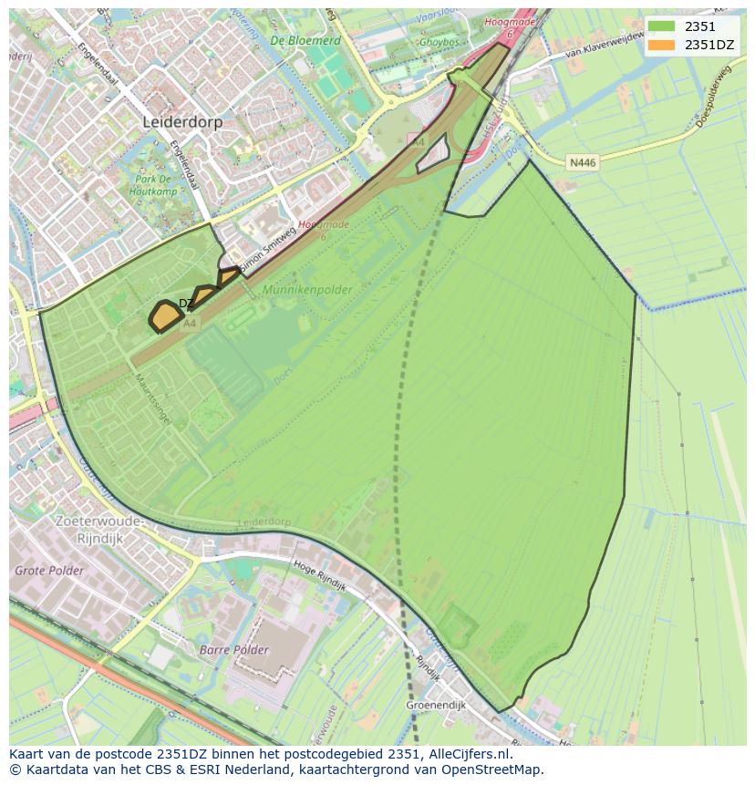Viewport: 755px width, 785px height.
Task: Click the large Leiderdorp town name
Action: (x=182, y=121)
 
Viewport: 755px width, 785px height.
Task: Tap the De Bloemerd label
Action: (x=305, y=41)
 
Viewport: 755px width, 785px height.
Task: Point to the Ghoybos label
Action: (x=439, y=42)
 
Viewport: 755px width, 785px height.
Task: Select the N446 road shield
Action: (x=582, y=162)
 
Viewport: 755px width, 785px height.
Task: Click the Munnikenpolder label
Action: (x=306, y=289)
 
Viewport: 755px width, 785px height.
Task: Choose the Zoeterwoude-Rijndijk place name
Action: (x=98, y=529)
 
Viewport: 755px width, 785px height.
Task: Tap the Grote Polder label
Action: (x=49, y=571)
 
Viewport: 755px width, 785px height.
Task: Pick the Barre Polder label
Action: (x=234, y=650)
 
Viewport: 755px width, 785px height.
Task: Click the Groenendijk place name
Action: (x=436, y=705)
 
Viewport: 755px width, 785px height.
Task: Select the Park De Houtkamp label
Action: (x=152, y=186)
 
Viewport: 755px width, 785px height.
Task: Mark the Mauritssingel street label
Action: (x=153, y=401)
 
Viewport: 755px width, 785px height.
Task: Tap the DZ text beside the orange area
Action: (x=185, y=304)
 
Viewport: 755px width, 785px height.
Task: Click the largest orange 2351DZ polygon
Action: (x=164, y=315)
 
